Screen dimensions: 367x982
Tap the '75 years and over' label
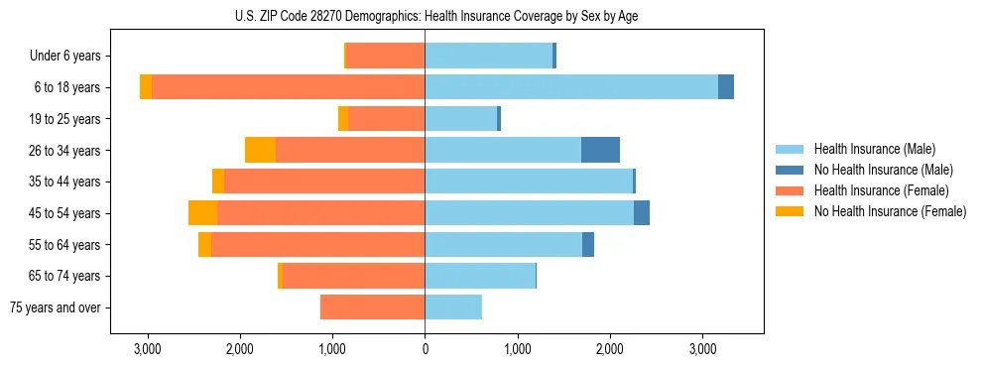click(x=56, y=307)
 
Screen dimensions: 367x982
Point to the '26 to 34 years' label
click(x=65, y=151)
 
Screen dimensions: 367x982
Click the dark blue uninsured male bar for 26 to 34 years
click(x=600, y=150)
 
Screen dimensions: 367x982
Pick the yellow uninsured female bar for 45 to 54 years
click(x=202, y=212)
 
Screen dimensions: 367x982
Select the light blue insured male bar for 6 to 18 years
click(x=571, y=87)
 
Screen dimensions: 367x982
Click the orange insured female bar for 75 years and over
click(x=372, y=307)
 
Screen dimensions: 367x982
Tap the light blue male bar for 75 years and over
click(x=453, y=307)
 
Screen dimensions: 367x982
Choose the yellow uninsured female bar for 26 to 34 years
click(x=260, y=150)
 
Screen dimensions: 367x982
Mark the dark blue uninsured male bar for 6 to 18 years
click(x=726, y=87)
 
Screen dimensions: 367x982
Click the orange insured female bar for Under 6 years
click(x=385, y=56)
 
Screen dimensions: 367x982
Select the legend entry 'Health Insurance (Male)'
click(x=874, y=149)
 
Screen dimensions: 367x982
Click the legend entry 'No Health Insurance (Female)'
click(x=890, y=211)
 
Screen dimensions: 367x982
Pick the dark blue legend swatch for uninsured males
click(x=790, y=170)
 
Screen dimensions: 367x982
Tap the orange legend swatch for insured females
click(x=790, y=190)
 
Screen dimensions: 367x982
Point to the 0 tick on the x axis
click(x=425, y=349)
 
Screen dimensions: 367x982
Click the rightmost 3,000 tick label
click(x=701, y=349)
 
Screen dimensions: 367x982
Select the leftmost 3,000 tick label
click(x=148, y=349)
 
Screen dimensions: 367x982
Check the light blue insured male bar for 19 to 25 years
click(x=461, y=119)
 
